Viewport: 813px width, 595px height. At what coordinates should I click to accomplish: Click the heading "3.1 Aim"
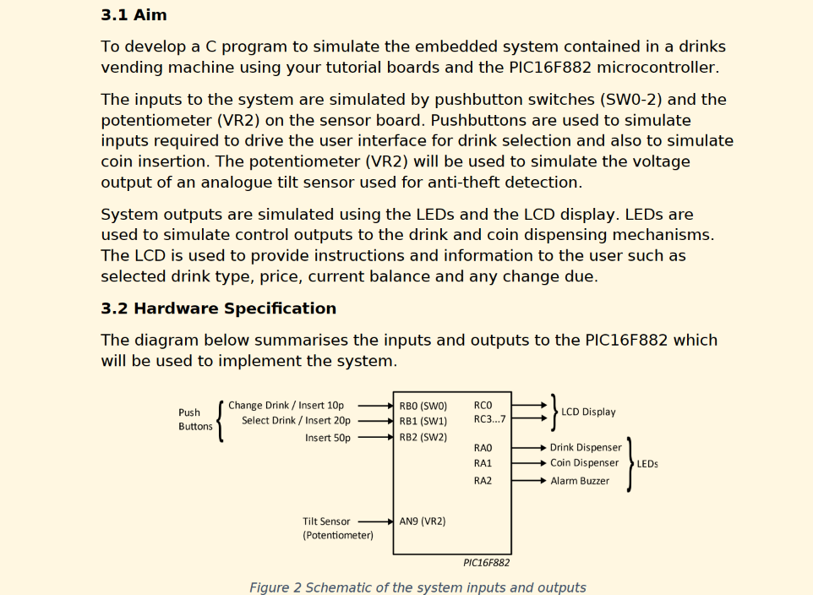134,15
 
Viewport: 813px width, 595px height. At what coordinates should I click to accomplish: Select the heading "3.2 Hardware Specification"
218,308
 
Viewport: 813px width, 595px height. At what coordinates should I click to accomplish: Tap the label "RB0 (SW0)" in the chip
423,406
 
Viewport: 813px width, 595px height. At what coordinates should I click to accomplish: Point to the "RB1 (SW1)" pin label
423,421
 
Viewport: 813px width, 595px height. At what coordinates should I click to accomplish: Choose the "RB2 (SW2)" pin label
423,437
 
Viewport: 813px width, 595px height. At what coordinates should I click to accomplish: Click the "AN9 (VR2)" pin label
422,521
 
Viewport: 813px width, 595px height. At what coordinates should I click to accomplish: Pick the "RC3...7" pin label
489,420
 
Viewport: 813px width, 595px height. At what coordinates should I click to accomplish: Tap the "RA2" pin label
483,481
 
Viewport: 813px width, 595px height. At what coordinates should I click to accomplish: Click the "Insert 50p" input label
328,438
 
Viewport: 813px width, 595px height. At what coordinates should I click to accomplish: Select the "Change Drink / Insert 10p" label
286,406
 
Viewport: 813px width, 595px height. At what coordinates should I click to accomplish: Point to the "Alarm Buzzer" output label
580,481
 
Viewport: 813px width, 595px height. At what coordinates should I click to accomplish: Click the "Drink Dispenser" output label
586,447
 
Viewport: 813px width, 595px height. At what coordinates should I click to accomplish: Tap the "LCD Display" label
588,412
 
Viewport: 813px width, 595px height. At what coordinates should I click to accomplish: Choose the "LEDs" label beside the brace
647,464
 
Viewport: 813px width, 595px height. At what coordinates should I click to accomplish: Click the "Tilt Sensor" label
326,521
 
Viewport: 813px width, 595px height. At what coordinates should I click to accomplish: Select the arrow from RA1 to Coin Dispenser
529,463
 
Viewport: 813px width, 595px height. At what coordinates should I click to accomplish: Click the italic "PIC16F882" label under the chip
486,563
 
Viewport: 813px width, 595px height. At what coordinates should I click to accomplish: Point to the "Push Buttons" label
195,419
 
